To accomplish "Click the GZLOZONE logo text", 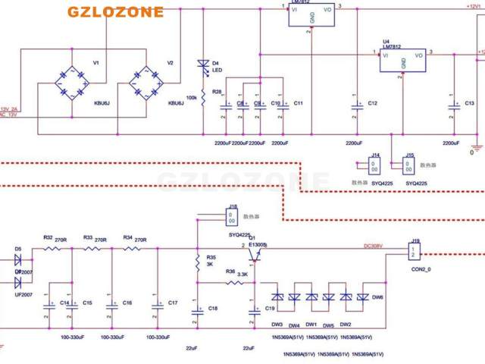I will [x=115, y=12].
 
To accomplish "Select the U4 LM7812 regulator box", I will [x=402, y=61].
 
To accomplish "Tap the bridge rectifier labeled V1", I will [x=71, y=83].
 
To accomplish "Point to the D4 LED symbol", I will [x=203, y=67].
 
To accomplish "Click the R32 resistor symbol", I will [x=52, y=248].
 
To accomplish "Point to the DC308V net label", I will [x=374, y=246].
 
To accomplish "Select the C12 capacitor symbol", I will [x=356, y=106].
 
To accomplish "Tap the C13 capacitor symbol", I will [x=453, y=106].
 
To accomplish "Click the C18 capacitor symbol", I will [x=197, y=309].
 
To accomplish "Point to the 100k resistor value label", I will [x=192, y=98].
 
